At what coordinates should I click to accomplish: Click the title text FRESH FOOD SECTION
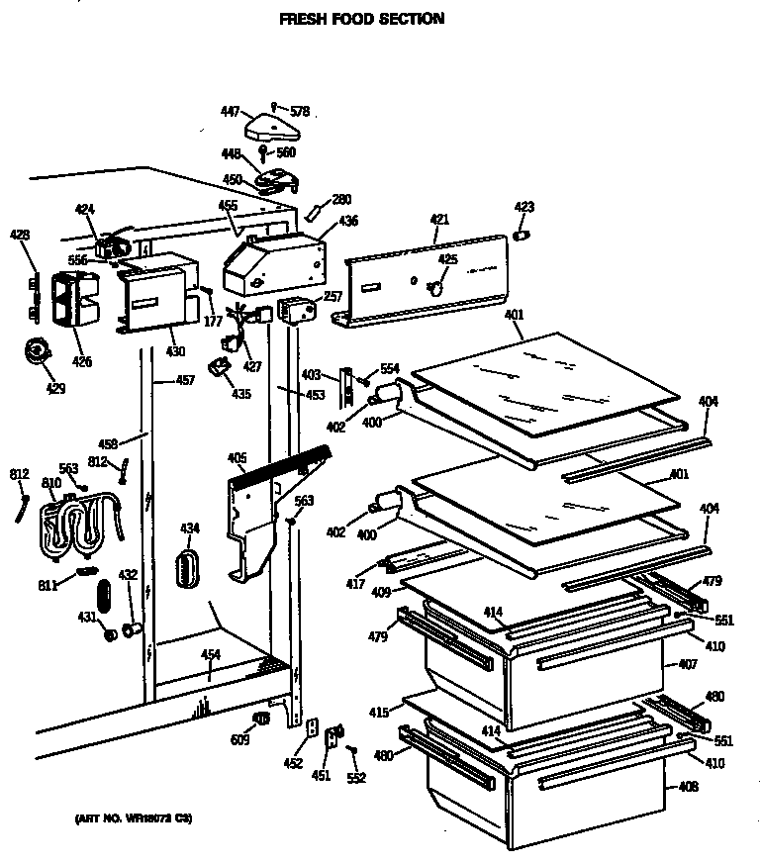pyautogui.click(x=361, y=18)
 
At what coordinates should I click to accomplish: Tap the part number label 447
pyautogui.click(x=230, y=113)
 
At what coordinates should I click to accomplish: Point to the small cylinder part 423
pyautogui.click(x=523, y=235)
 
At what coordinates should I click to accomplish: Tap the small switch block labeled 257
pyautogui.click(x=295, y=310)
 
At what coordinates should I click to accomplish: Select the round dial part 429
pyautogui.click(x=39, y=351)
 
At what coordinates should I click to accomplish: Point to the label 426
pyautogui.click(x=81, y=362)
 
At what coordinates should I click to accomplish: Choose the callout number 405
pyautogui.click(x=237, y=457)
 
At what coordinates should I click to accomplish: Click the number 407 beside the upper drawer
pyautogui.click(x=687, y=665)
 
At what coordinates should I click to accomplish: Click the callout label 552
pyautogui.click(x=356, y=778)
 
